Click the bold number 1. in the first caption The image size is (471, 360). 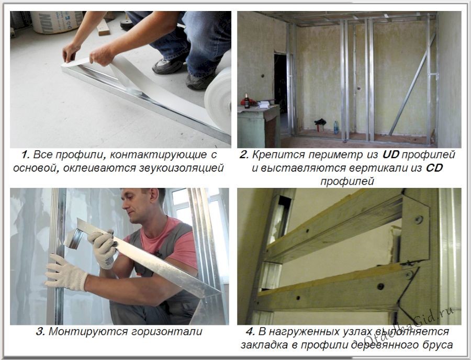[26, 155]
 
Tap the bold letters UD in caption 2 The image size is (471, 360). [390, 155]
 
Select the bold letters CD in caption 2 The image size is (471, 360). [434, 168]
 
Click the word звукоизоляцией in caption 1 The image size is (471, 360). [182, 168]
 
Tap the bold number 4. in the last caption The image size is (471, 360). [251, 332]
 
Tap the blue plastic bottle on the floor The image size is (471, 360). [336, 127]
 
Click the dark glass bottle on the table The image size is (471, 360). [247, 100]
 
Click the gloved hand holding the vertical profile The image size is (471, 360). [66, 273]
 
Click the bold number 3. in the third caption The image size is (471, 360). [40, 332]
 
